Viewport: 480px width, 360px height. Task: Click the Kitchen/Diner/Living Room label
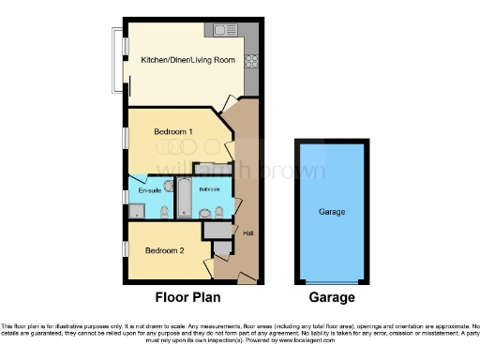click(187, 60)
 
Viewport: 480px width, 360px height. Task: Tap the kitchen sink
click(225, 32)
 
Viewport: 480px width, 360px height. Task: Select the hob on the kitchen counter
click(251, 63)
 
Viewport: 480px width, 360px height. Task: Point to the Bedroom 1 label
click(173, 132)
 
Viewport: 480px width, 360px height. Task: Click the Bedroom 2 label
click(163, 250)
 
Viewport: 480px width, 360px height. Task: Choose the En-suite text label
click(149, 191)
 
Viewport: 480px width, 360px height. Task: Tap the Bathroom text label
click(209, 189)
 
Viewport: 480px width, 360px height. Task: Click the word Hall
click(248, 233)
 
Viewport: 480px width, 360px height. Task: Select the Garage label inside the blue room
click(333, 212)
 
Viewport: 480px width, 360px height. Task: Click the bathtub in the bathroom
click(184, 200)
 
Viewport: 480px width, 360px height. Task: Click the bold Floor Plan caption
click(187, 297)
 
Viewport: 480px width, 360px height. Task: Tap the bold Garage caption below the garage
click(332, 297)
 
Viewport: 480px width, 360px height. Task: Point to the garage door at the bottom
click(332, 282)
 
